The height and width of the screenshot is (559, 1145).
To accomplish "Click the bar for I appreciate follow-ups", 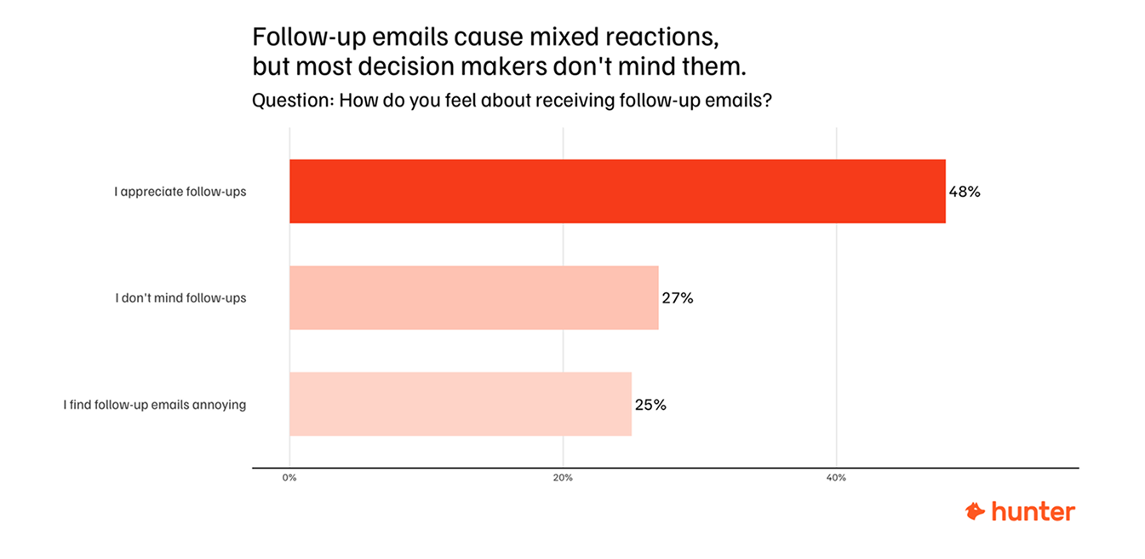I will tap(617, 192).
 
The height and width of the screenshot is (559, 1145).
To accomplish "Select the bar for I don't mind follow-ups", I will tap(474, 297).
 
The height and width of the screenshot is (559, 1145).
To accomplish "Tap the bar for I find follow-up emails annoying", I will tap(461, 404).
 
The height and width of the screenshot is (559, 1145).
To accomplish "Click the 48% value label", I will tap(965, 192).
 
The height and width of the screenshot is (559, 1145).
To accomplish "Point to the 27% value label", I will tap(678, 298).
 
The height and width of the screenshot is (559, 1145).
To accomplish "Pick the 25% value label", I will tap(650, 405).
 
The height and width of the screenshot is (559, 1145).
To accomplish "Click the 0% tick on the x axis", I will tap(289, 478).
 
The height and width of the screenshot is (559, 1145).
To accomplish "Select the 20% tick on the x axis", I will tap(563, 478).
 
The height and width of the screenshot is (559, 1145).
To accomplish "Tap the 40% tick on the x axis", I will tap(836, 478).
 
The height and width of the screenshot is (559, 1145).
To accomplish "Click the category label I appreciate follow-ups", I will tap(180, 192).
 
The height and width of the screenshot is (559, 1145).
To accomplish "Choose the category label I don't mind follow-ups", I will tap(180, 298).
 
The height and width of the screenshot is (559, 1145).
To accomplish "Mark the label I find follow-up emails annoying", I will tap(154, 405).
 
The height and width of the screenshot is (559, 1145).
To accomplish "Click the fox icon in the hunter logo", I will tap(975, 511).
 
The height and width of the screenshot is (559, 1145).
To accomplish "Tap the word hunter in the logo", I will tap(1033, 511).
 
